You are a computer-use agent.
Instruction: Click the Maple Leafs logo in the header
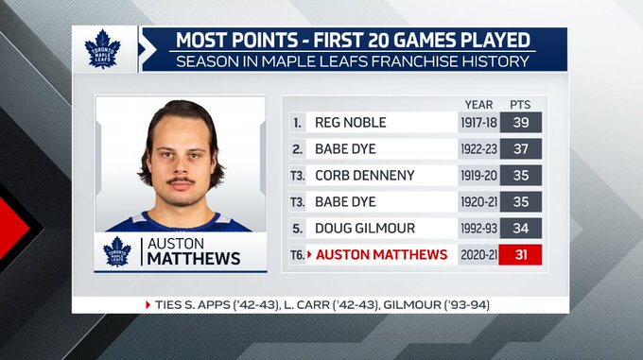point(102,49)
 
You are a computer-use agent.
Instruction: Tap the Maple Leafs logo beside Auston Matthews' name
point(117,251)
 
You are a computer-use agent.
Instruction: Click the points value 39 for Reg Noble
point(520,123)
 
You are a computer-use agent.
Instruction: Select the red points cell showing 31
point(520,255)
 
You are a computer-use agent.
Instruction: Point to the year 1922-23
point(478,149)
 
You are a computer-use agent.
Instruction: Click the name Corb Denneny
point(365,176)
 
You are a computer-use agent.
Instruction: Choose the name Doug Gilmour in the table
point(365,228)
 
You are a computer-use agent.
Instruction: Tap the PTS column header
point(520,105)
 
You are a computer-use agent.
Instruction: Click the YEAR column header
point(478,105)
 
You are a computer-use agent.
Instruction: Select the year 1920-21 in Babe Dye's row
point(478,202)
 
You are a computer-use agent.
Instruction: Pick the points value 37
point(520,148)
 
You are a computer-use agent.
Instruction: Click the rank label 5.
point(297,229)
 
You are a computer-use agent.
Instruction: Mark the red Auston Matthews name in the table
point(381,255)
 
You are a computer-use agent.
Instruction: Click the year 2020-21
point(478,255)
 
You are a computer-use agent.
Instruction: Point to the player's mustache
point(181,180)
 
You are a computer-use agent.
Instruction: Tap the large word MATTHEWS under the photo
point(194,259)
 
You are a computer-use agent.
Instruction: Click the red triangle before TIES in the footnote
point(148,305)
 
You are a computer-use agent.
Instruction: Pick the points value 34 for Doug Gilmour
point(520,228)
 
